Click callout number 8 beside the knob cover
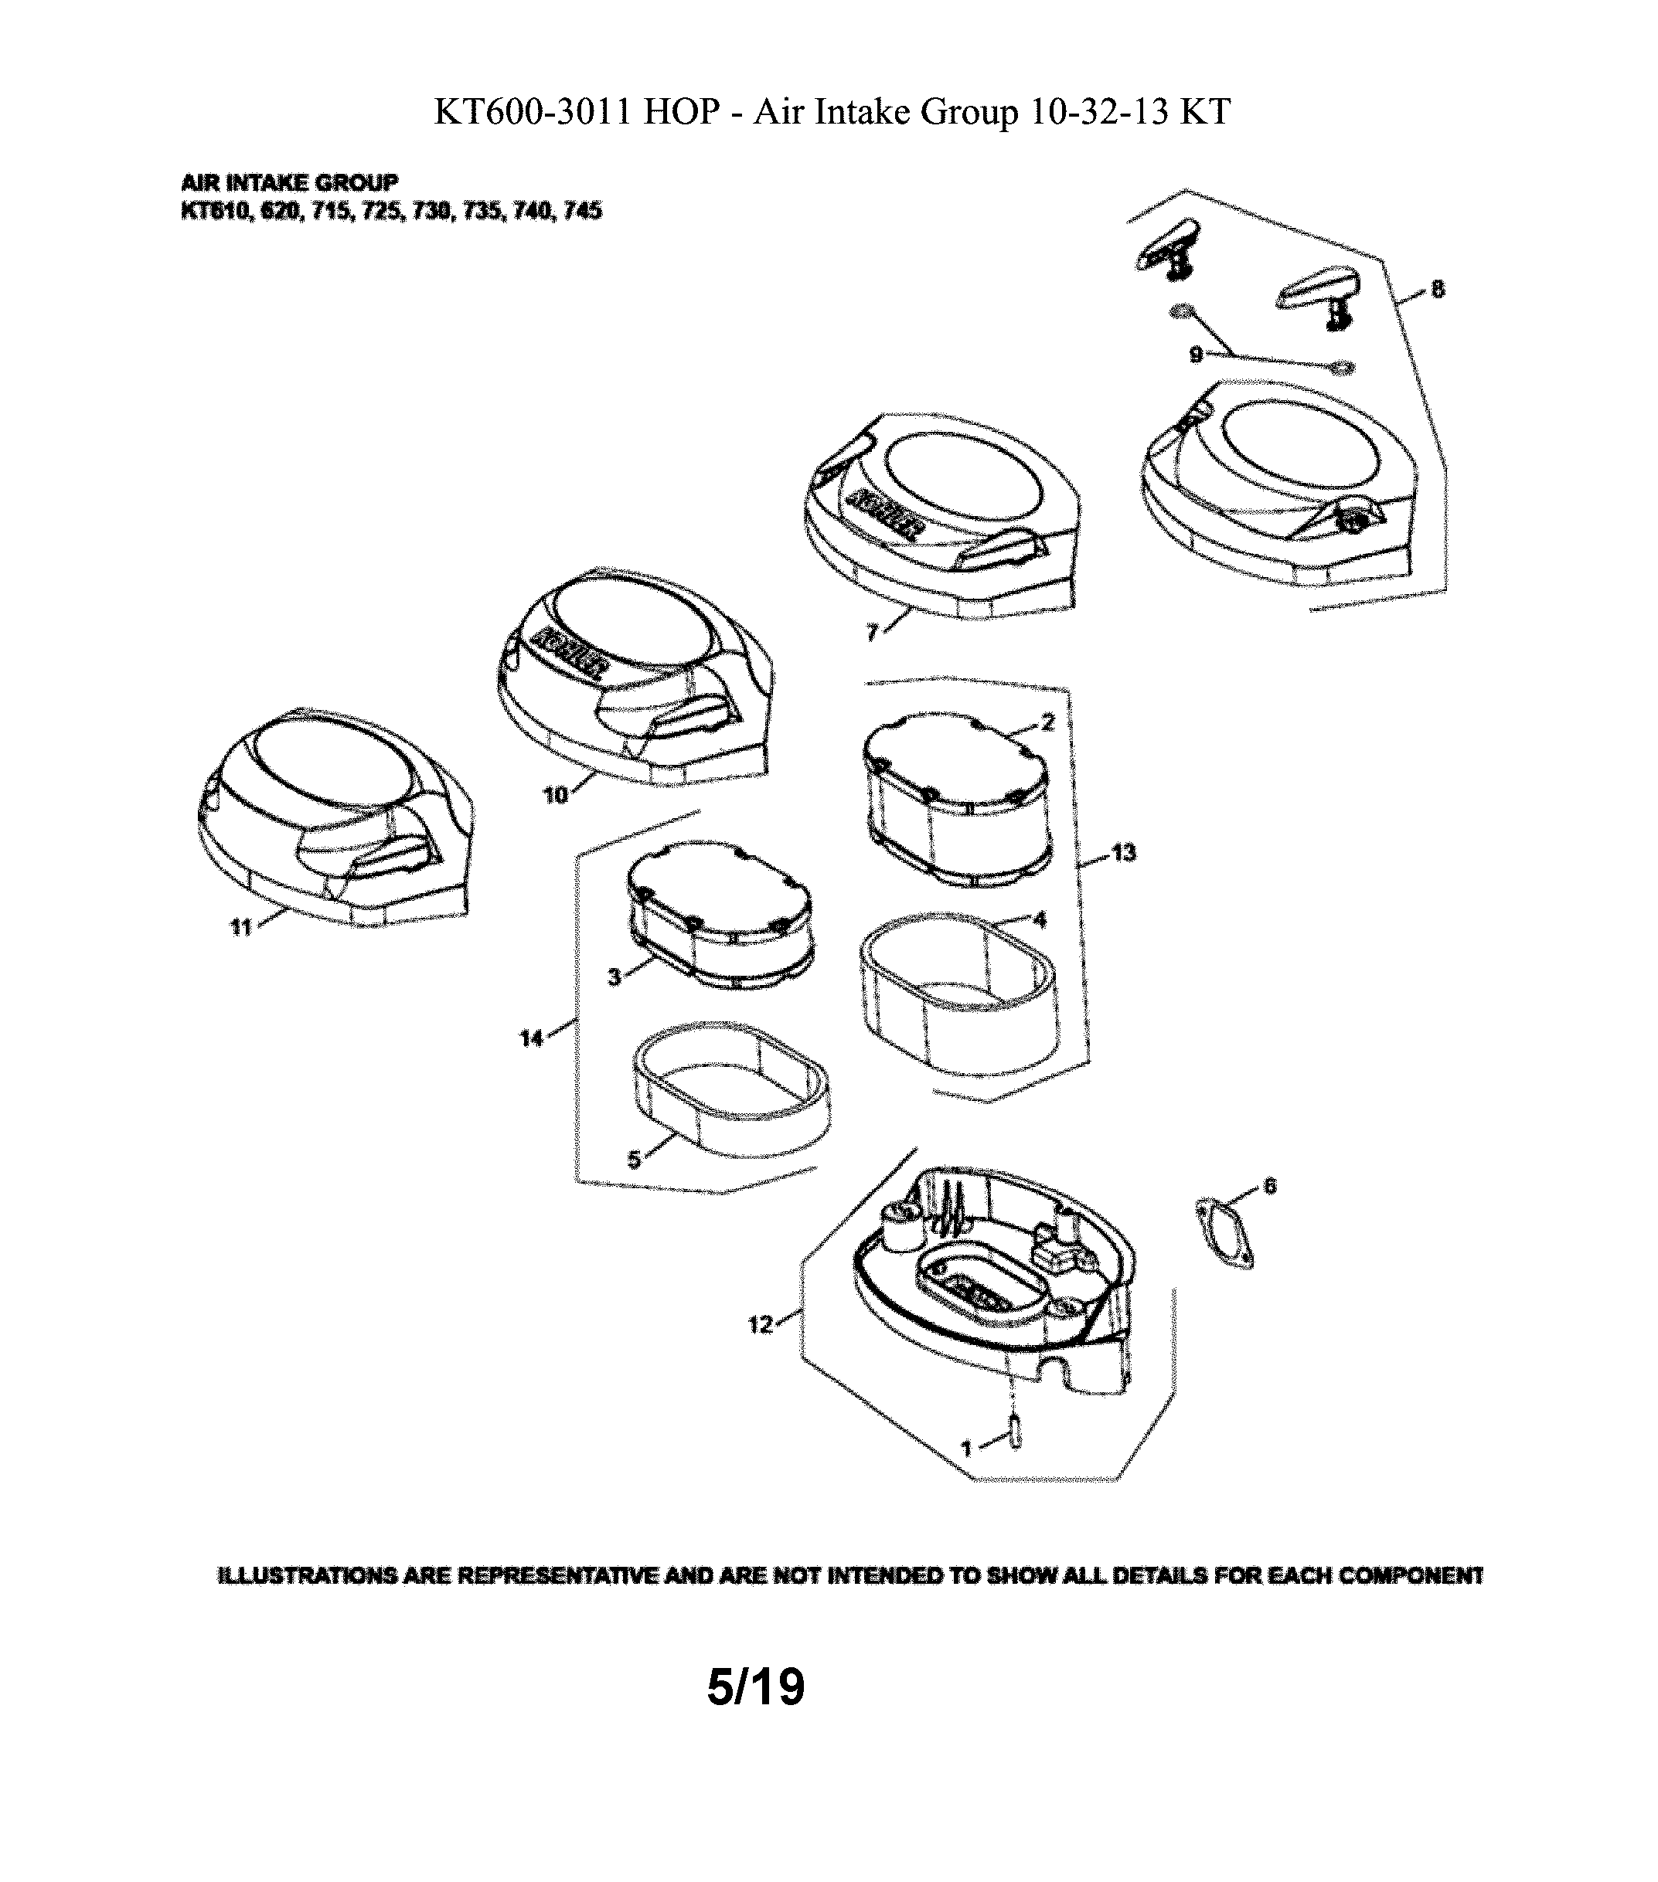coord(1438,290)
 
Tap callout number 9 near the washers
coord(1196,355)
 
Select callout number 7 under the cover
coord(871,633)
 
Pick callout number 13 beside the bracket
coord(1124,854)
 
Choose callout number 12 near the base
coord(760,1325)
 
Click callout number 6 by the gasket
coord(1270,1186)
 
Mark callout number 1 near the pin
coord(966,1449)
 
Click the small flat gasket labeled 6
coord(1224,1233)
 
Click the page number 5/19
coord(755,1686)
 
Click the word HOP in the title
coord(681,112)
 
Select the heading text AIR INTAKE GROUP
coord(289,182)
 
